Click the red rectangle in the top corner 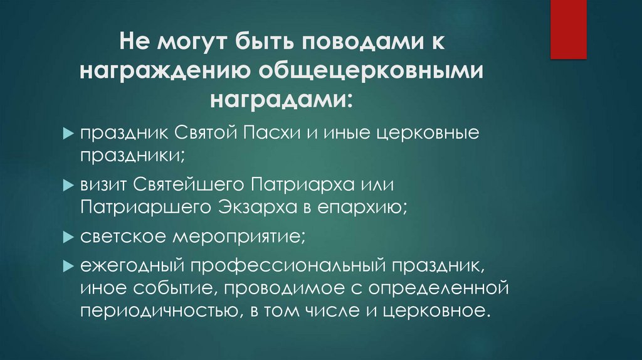tap(569, 29)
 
